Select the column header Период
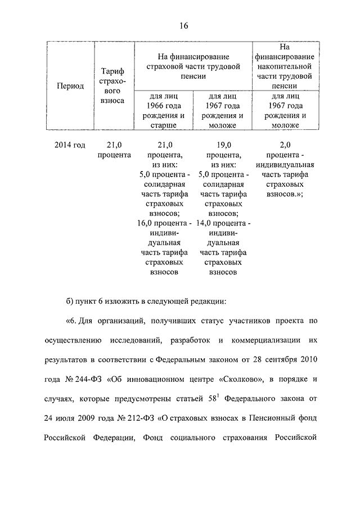click(70, 86)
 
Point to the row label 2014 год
click(70, 145)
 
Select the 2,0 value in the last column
click(285, 145)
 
